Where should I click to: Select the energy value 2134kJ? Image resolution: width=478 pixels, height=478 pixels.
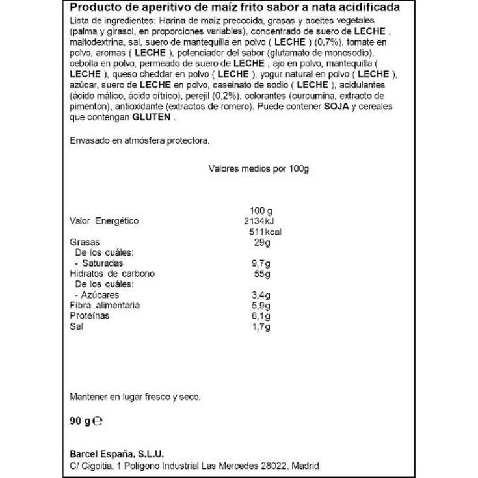click(x=263, y=221)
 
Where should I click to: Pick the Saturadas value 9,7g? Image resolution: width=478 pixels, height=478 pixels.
click(x=262, y=263)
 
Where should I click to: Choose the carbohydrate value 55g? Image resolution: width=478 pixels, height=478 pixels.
click(x=262, y=274)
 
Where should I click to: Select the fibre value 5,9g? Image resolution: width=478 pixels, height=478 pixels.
click(x=262, y=305)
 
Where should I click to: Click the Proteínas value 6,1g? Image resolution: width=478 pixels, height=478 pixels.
click(x=261, y=315)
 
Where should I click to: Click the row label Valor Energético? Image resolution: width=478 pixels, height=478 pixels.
click(x=103, y=221)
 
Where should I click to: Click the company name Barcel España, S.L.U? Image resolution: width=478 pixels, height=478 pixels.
click(x=116, y=455)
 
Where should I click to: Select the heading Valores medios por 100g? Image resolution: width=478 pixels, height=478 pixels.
click(x=258, y=168)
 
